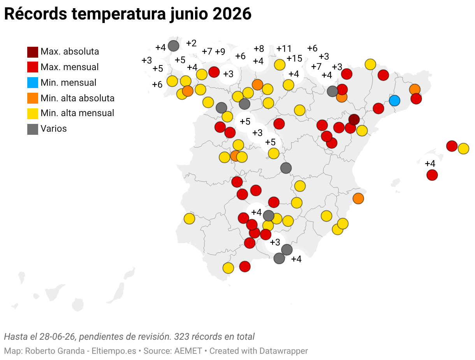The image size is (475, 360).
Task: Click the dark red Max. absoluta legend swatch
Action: point(32,52)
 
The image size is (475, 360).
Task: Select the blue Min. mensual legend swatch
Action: point(32,83)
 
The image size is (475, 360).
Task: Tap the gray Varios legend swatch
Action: point(32,129)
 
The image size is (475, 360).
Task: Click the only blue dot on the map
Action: point(394,101)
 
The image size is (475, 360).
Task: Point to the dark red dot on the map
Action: point(354,120)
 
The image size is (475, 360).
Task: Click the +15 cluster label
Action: point(294,58)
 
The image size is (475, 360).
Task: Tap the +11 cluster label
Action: point(284,49)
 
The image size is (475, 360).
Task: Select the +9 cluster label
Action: point(220,52)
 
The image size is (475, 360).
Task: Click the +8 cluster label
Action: point(259,49)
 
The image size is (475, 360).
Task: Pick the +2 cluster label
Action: point(191,43)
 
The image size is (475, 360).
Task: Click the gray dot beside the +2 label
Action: point(174,46)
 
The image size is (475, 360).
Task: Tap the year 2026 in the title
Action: point(232,14)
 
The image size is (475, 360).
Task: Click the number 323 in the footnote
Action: point(181,337)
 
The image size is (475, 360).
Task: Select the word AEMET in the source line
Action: point(188,351)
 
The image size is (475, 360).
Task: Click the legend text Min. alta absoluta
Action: point(77,98)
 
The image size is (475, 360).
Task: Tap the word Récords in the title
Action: point(36,14)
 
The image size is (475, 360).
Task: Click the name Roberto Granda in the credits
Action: point(55,351)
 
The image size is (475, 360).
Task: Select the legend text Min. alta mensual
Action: point(77,113)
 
